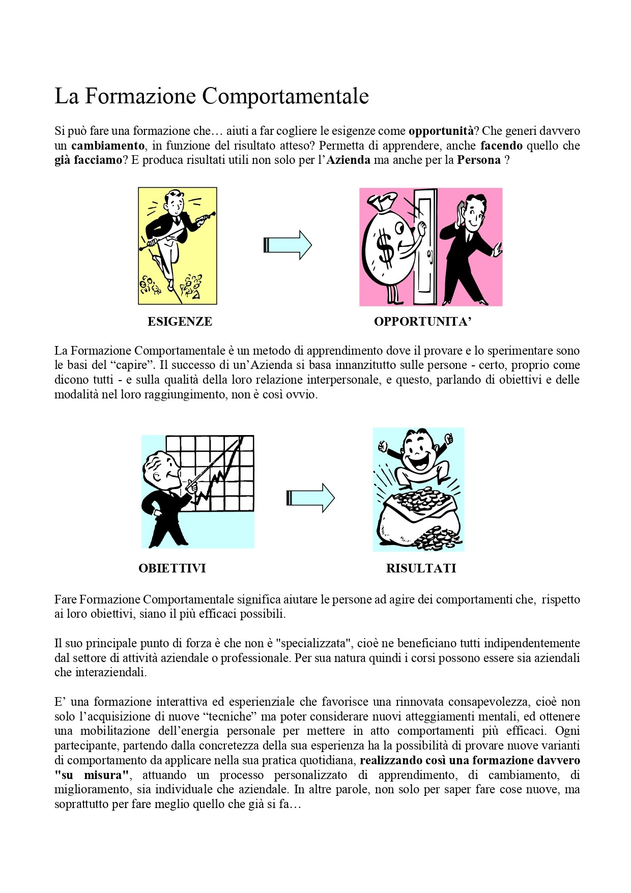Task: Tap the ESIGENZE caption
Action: [180, 322]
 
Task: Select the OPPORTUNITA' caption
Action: [423, 322]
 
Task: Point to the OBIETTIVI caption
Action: [172, 568]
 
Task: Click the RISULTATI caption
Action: [421, 568]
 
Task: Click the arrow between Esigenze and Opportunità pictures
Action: [288, 245]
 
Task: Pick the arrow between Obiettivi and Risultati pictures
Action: [310, 498]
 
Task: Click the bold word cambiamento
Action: [107, 146]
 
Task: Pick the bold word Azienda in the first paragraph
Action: [348, 160]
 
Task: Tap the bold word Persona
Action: [478, 160]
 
